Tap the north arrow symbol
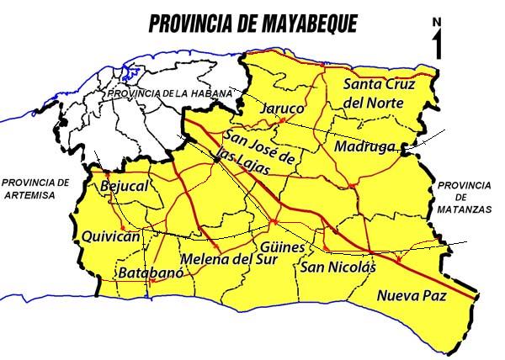[x=437, y=45]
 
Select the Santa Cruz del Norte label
[x=375, y=93]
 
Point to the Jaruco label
[x=280, y=110]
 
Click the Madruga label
[x=364, y=146]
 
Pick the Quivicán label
[x=109, y=237]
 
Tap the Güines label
[x=284, y=249]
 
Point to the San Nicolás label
[x=335, y=268]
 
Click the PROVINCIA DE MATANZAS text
[x=464, y=196]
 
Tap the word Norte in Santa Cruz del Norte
[x=383, y=103]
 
